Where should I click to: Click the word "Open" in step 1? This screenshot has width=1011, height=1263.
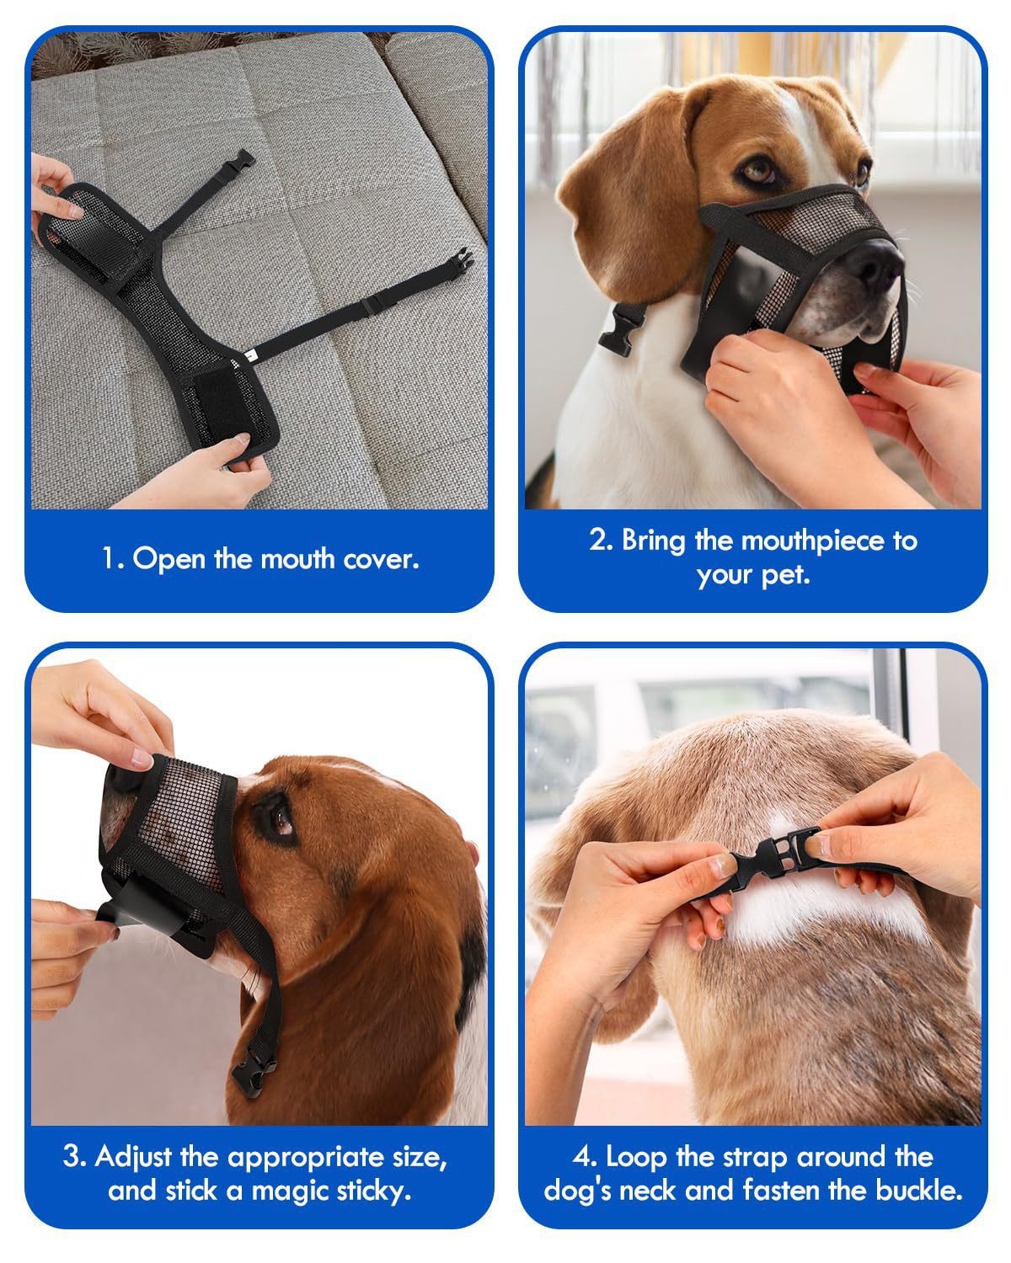click(x=169, y=559)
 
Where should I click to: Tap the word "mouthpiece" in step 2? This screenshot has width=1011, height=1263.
click(x=814, y=541)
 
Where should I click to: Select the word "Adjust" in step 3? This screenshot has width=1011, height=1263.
click(x=134, y=1158)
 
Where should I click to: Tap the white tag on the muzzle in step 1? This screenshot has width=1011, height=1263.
click(x=249, y=354)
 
